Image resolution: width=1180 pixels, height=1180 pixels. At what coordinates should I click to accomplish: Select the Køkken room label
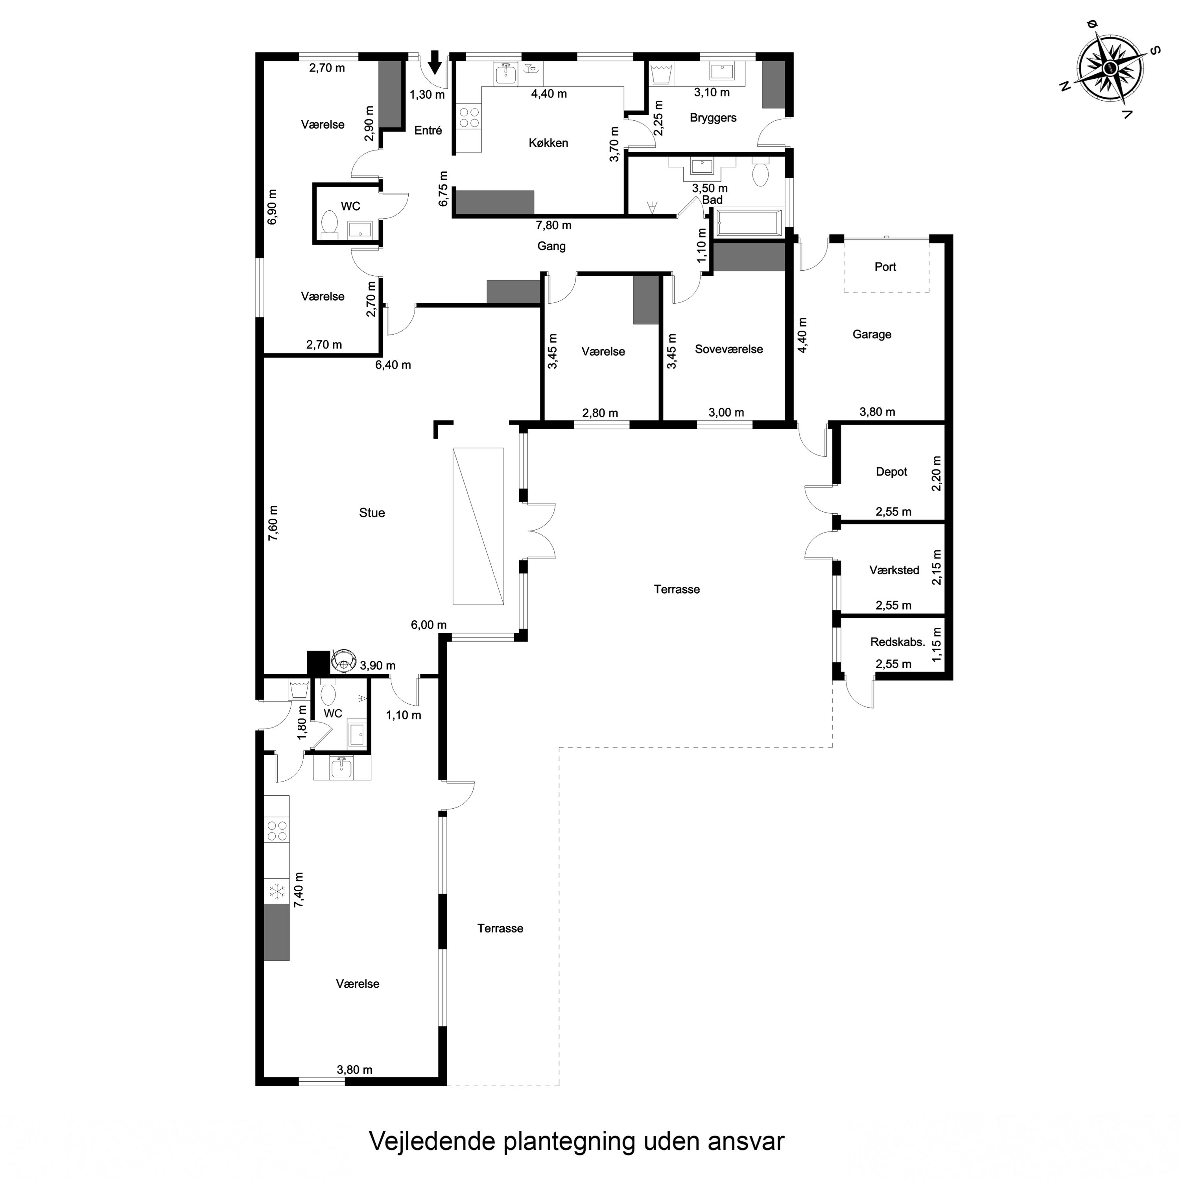click(548, 143)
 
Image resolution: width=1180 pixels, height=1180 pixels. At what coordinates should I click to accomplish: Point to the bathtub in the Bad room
click(749, 223)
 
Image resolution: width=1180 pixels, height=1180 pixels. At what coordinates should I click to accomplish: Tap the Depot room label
click(891, 472)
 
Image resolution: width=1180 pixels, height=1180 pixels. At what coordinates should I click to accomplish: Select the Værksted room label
click(894, 570)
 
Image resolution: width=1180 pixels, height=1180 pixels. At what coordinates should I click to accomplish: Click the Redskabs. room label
click(897, 642)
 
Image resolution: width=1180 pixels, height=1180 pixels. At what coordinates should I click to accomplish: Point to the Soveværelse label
click(728, 349)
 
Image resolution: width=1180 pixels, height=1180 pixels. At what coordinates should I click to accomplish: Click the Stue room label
click(371, 513)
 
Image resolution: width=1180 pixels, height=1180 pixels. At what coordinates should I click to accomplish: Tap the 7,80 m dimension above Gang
click(553, 225)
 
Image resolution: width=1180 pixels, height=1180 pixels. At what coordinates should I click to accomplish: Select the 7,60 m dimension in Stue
click(273, 523)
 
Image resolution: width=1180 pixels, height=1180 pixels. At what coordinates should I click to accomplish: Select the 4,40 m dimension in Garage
click(802, 335)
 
